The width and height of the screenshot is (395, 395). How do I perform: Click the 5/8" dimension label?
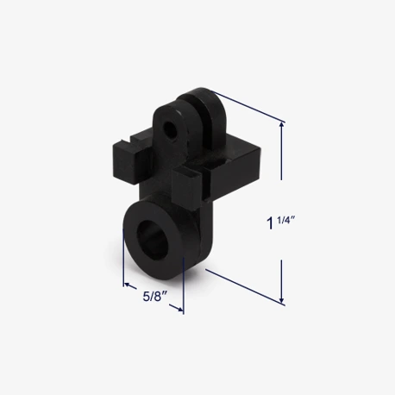pos(155,297)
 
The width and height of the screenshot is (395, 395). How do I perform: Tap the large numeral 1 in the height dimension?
pos(270,223)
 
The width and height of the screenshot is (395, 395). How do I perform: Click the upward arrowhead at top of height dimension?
pos(282,126)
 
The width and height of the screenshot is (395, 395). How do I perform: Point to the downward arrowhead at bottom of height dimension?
pos(282,298)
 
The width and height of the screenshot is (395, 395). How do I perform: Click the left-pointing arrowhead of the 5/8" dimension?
pos(129,285)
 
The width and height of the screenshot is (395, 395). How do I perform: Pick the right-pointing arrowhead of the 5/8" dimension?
pos(179,309)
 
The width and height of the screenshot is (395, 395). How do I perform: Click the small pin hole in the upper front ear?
pos(168,127)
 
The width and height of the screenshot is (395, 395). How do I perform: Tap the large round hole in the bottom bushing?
pos(153,235)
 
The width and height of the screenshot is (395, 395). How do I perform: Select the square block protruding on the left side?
pos(127,161)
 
